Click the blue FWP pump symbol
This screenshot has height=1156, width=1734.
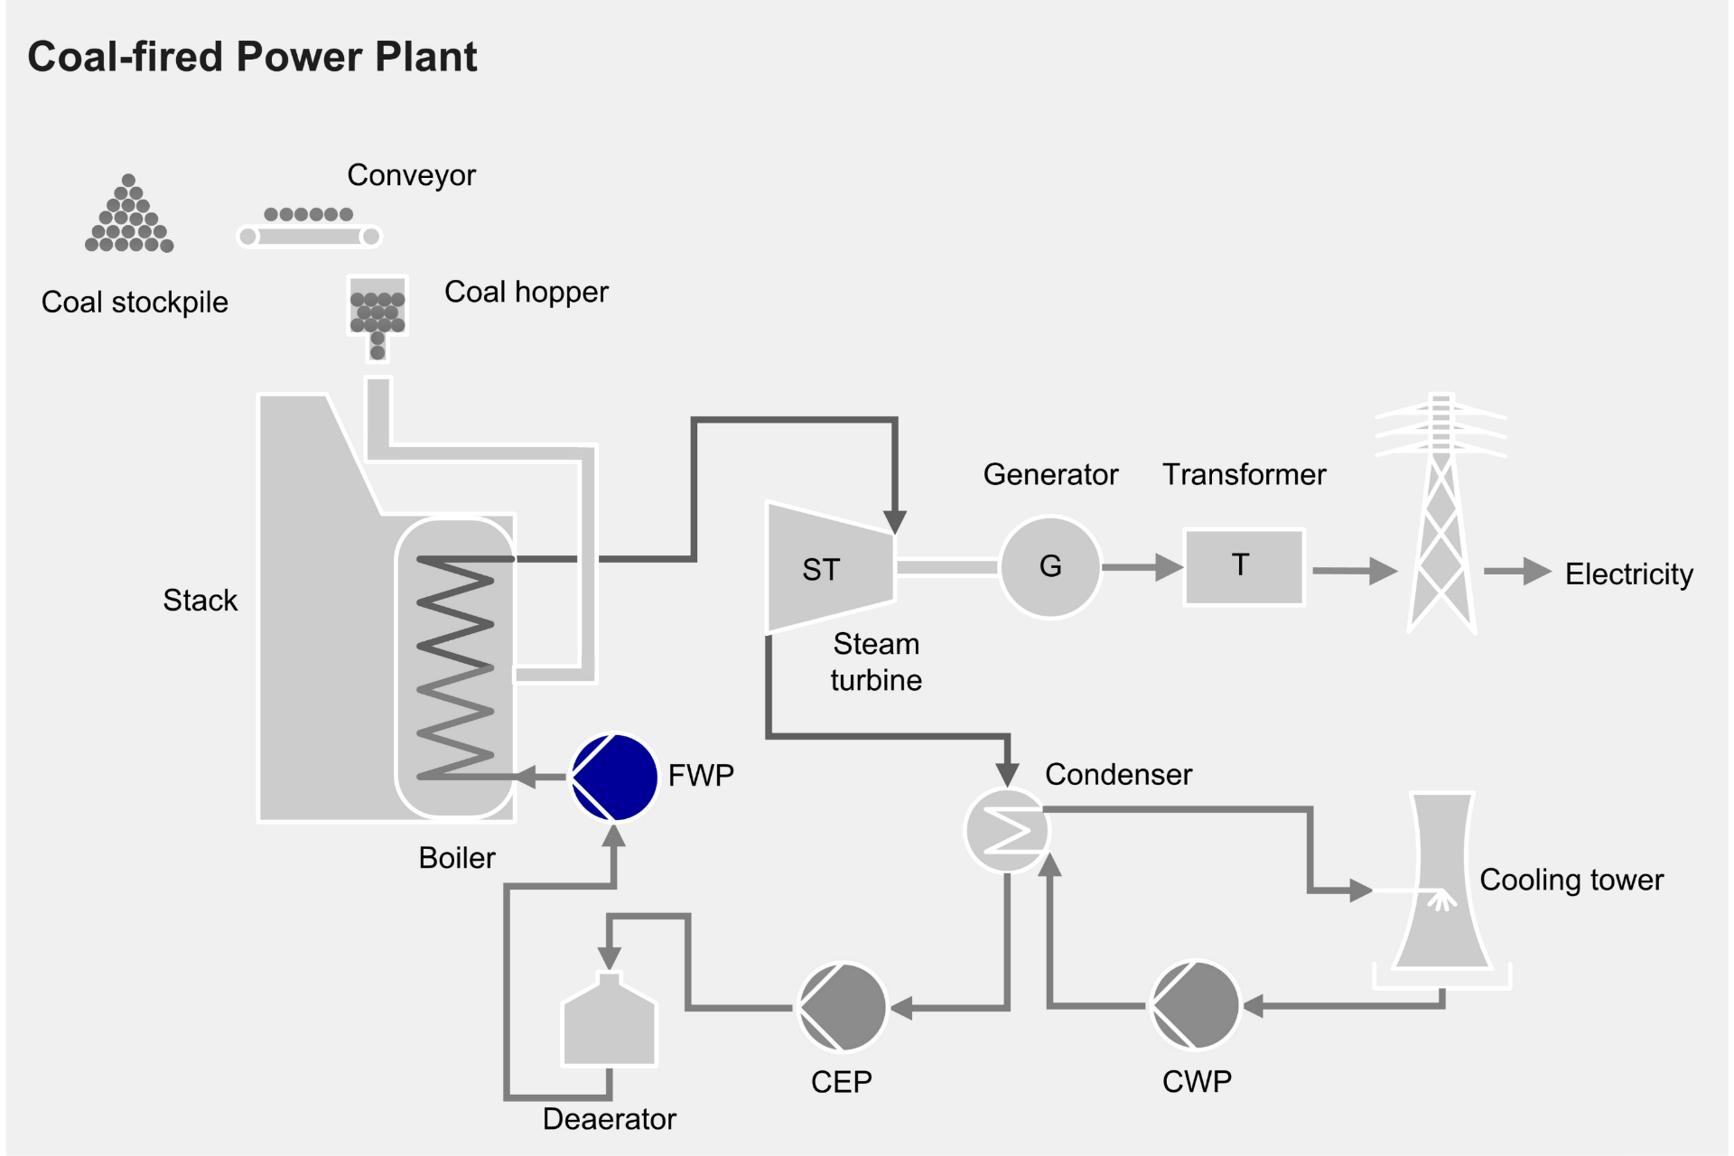[x=615, y=777]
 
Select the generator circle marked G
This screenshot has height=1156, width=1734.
[x=1050, y=567]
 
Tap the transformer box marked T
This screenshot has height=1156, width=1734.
[x=1244, y=567]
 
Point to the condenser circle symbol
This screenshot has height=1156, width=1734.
[x=1006, y=830]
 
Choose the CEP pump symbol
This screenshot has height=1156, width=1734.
[x=843, y=1006]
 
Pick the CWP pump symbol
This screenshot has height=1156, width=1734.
[x=1195, y=1005]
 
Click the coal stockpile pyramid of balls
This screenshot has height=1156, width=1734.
[x=129, y=217]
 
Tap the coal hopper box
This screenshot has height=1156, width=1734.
[x=378, y=307]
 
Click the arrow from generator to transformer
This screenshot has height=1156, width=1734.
[x=1142, y=567]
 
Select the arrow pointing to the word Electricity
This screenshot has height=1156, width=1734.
[x=1517, y=571]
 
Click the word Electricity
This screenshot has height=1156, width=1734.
[x=1628, y=574]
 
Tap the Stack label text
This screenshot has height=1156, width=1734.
[x=200, y=601]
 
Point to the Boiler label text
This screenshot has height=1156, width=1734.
[x=457, y=858]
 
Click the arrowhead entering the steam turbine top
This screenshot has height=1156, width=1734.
[x=894, y=521]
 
